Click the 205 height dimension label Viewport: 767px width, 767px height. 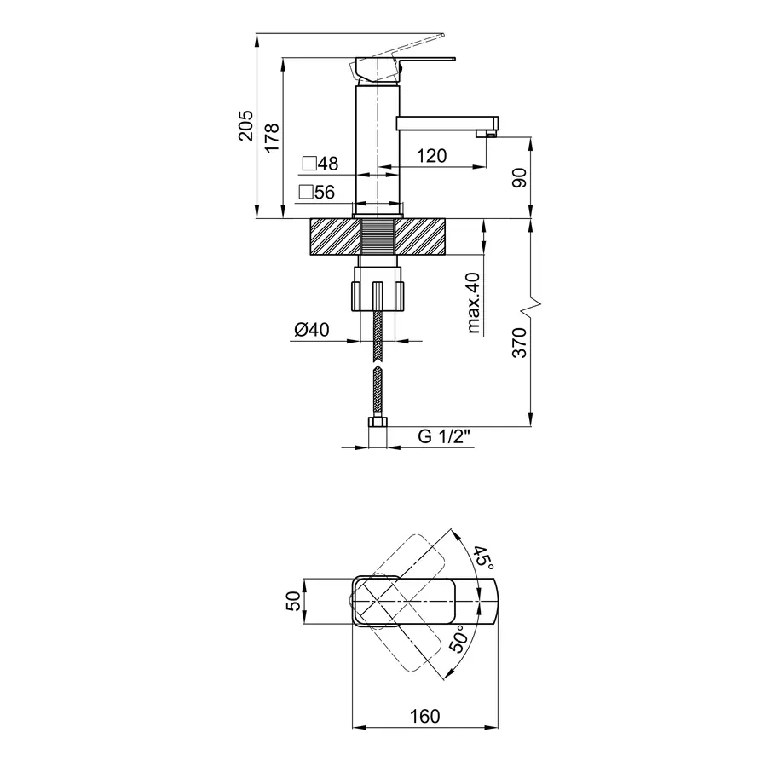(x=246, y=126)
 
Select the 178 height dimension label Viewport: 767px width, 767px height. (x=272, y=137)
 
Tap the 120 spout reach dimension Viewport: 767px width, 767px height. (x=431, y=156)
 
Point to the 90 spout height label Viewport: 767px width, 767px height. (x=520, y=177)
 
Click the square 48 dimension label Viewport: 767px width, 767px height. (x=320, y=164)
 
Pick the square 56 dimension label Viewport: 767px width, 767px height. (x=317, y=193)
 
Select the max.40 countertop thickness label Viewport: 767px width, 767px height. (x=474, y=303)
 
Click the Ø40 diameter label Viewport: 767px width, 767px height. (x=312, y=330)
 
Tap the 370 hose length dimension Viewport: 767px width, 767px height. (x=520, y=343)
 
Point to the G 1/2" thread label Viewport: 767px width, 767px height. (x=444, y=435)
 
